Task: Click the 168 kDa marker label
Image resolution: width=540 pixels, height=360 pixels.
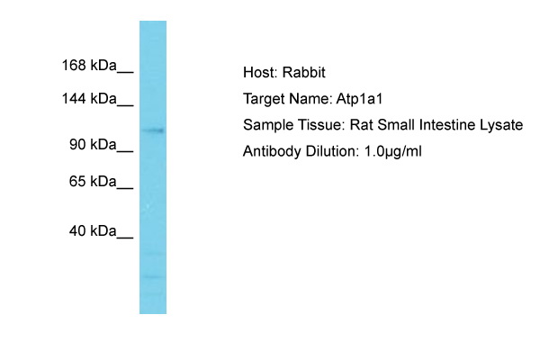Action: tap(89, 65)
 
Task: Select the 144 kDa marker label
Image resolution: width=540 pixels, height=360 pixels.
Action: tap(89, 98)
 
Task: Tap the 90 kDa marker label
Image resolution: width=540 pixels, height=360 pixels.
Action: tap(93, 144)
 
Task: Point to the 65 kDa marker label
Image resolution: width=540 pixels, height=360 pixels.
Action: tap(93, 181)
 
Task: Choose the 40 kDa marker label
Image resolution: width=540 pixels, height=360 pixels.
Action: tap(93, 230)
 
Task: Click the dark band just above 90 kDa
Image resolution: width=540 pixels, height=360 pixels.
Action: tap(153, 130)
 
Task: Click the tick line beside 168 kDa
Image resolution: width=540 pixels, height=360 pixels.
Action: tap(125, 72)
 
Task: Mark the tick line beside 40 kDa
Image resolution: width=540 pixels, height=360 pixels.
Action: tap(125, 238)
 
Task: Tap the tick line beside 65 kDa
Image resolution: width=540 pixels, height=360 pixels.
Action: tap(125, 188)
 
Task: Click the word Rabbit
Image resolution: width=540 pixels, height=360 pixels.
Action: tap(304, 73)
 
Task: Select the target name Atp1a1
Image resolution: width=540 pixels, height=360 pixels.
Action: tap(359, 99)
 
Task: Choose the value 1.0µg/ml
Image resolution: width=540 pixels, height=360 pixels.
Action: tap(392, 151)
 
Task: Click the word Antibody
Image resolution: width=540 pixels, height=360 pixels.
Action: tap(272, 151)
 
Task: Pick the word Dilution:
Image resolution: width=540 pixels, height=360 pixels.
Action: tap(332, 151)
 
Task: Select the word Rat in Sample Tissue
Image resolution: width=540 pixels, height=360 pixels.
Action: tap(361, 125)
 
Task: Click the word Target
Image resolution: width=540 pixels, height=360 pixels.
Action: tap(264, 99)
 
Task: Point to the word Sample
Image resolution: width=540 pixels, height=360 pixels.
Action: tap(267, 125)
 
